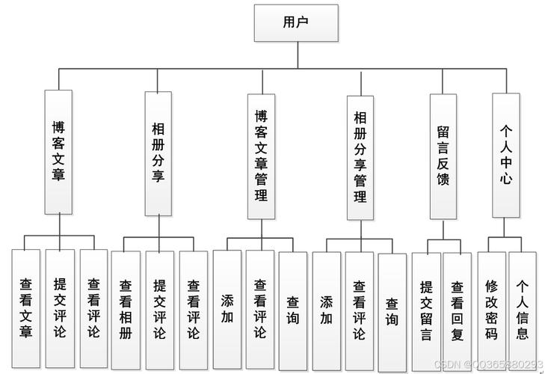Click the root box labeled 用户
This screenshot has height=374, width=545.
(x=295, y=22)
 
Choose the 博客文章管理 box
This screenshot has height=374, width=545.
(x=261, y=156)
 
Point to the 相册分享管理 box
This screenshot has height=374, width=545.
(x=360, y=156)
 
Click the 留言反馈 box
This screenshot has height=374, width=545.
(x=443, y=156)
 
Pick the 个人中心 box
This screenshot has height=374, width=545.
(x=506, y=154)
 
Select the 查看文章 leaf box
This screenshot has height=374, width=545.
(x=25, y=307)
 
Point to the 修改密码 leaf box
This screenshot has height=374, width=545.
(x=491, y=309)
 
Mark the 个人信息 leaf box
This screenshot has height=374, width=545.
(x=523, y=309)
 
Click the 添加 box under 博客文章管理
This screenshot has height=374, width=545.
(x=227, y=309)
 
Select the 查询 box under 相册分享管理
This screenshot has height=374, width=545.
(x=392, y=310)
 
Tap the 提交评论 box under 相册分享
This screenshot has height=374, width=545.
(x=159, y=309)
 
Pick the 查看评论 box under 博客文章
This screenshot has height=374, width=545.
(x=93, y=307)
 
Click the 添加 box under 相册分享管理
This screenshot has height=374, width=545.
(x=326, y=309)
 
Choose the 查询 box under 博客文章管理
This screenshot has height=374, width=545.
(x=293, y=309)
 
